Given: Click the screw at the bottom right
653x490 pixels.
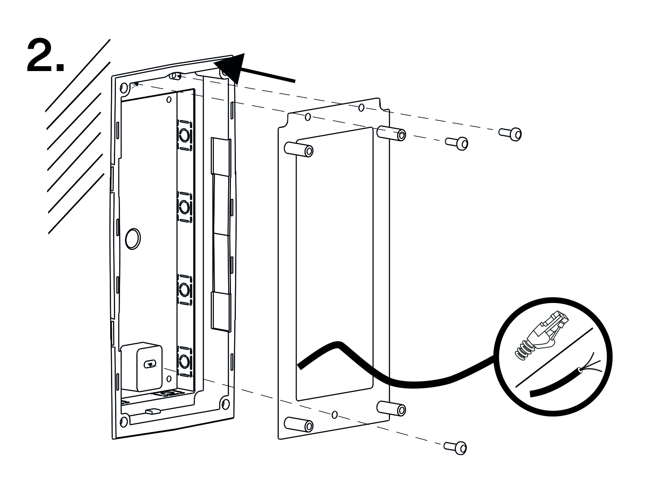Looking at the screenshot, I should [456, 447].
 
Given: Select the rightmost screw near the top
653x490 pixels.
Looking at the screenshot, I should [511, 134].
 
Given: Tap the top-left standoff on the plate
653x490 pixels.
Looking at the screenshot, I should [300, 149].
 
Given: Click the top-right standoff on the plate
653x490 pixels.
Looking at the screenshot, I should [392, 134].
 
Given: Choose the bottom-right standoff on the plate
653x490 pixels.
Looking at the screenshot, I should [392, 408].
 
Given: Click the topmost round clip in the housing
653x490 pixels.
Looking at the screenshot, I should [184, 135].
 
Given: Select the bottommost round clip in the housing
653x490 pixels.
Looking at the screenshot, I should [184, 362].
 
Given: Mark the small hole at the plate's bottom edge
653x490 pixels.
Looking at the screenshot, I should [335, 415].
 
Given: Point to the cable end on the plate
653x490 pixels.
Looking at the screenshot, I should [300, 366].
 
